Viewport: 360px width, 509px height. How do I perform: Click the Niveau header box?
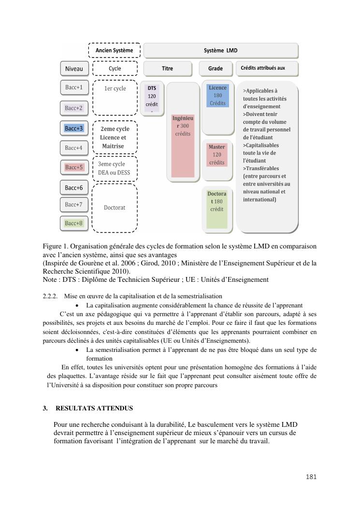tap(74, 69)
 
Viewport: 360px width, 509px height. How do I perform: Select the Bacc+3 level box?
tap(74, 128)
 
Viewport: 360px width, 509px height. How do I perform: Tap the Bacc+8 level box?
tap(74, 223)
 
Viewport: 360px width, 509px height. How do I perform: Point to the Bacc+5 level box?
tap(74, 167)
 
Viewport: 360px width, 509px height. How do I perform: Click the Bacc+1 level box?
tap(74, 88)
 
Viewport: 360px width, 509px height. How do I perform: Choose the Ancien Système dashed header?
tap(115, 50)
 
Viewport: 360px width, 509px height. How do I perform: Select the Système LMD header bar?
tap(220, 50)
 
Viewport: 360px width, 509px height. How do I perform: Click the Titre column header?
tap(167, 69)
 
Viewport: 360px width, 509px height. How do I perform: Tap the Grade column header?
tap(216, 69)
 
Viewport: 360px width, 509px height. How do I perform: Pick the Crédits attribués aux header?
tap(266, 69)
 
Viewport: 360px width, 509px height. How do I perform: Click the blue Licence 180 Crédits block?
tap(217, 95)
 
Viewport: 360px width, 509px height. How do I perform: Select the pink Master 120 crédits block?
tap(216, 155)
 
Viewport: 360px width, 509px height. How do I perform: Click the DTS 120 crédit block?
tap(152, 99)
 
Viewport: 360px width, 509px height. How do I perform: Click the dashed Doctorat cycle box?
tap(115, 208)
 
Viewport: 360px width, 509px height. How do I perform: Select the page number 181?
tap(311, 477)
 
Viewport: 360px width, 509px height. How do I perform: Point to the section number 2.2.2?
tap(50, 296)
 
